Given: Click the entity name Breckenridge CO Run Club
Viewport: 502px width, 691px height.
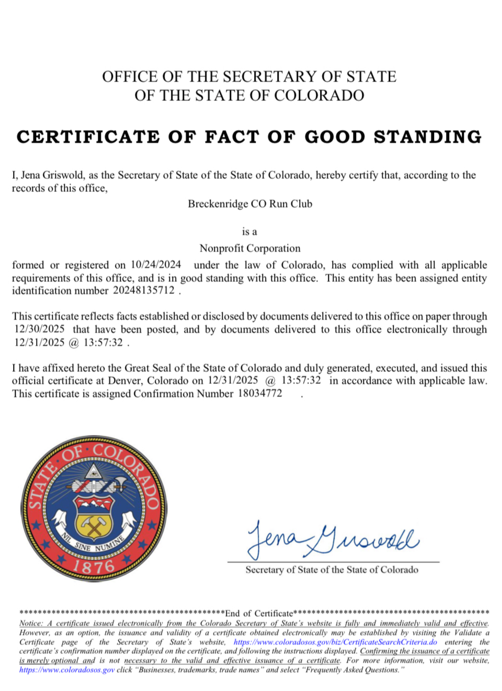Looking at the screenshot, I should tap(250, 204).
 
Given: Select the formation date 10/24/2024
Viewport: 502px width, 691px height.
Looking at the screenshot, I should tap(156, 265).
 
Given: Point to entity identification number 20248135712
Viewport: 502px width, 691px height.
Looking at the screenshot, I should tap(144, 291).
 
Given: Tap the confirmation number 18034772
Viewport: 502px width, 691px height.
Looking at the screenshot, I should tap(260, 393).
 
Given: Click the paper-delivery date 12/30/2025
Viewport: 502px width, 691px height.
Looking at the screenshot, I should tap(40, 329).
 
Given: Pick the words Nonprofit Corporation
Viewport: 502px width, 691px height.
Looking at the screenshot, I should tap(250, 248).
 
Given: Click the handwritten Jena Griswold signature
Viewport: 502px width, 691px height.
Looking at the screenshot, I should tap(333, 539).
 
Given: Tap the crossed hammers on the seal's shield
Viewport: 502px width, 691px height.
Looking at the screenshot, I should tap(94, 525).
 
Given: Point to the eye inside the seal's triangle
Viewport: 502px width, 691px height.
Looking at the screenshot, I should tap(94, 472).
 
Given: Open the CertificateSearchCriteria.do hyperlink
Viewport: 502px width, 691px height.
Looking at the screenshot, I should tap(335, 642).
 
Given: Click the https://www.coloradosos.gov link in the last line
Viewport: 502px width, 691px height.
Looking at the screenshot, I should tap(67, 670).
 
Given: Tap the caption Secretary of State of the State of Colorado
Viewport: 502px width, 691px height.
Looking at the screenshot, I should tap(332, 570).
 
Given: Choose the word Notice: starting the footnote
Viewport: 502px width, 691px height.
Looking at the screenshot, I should tap(31, 624).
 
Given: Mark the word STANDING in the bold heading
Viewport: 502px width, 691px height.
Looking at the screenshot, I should tap(427, 137).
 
